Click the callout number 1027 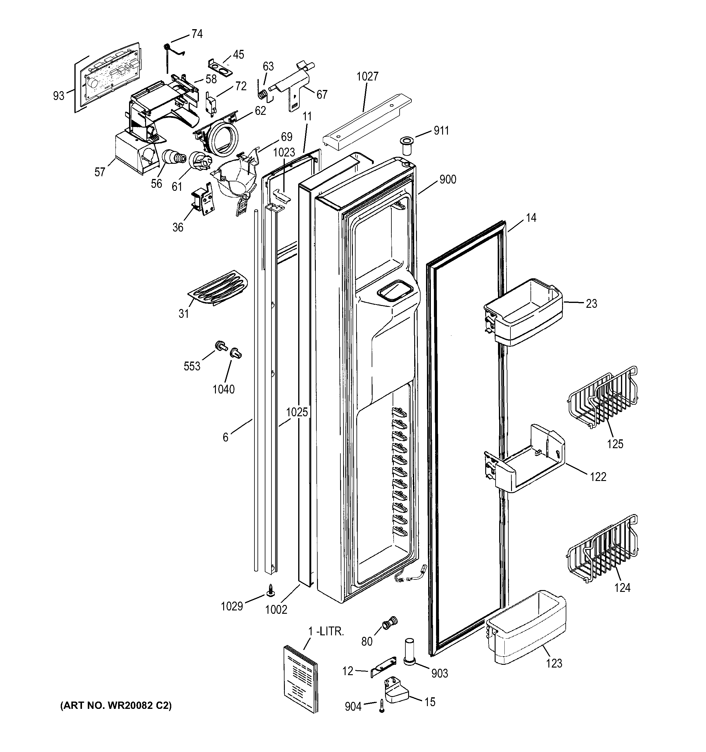coord(367,76)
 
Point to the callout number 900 coord(448,179)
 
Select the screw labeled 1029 coord(271,591)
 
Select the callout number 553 coord(192,366)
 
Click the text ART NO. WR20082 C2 coord(116,706)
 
